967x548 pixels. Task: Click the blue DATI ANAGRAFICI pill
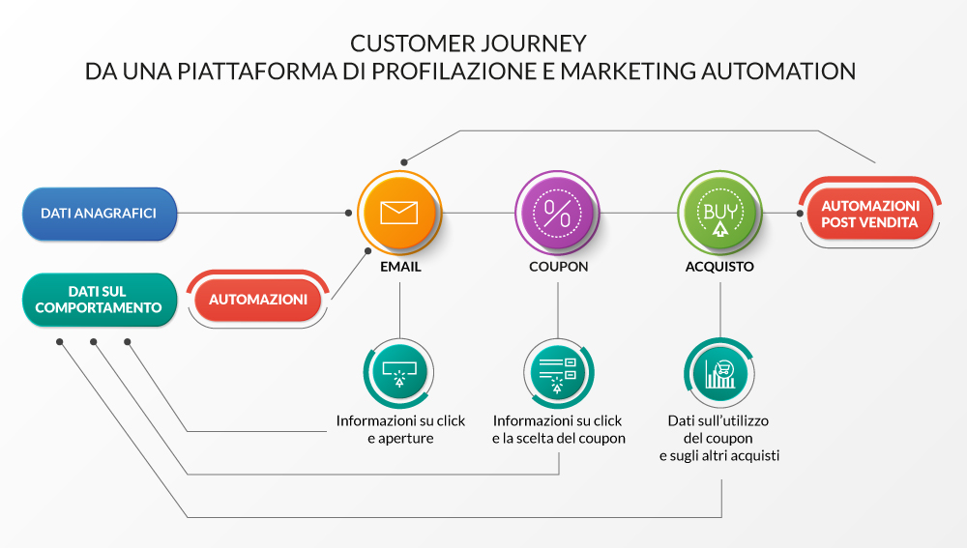100,214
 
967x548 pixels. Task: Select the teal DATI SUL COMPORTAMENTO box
100,300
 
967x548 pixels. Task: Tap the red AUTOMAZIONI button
258,300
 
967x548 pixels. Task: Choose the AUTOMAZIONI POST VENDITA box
869,214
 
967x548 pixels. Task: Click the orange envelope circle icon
399,213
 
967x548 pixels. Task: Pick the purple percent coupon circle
557,213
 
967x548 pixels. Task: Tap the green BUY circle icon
719,213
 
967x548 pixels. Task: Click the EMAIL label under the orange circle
400,267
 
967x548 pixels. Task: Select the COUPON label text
558,267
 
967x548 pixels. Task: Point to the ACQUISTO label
719,267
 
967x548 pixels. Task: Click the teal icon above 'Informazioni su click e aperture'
399,373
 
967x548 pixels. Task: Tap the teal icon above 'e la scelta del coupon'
558,373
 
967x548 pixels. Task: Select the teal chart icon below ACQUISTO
719,373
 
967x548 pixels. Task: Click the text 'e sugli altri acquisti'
719,455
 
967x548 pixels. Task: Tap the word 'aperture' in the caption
406,438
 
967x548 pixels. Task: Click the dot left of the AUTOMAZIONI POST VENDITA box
800,214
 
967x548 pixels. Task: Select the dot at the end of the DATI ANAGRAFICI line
348,213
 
